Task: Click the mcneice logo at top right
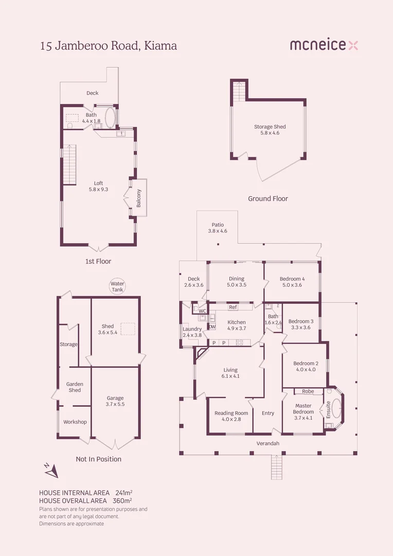point(324,45)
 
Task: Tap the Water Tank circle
point(118,287)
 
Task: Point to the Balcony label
point(139,198)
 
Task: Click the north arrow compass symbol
point(50,470)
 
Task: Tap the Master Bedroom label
point(303,408)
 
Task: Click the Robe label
point(308,391)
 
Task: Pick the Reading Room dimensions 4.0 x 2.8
point(231,420)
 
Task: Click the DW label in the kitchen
point(212,326)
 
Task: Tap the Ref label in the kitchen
point(233,307)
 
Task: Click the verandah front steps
point(276,467)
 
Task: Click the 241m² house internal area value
point(123,493)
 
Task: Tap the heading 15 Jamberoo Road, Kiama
point(109,46)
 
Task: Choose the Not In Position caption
point(98,459)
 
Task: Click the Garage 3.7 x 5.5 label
point(115,401)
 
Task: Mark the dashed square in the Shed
point(128,328)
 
